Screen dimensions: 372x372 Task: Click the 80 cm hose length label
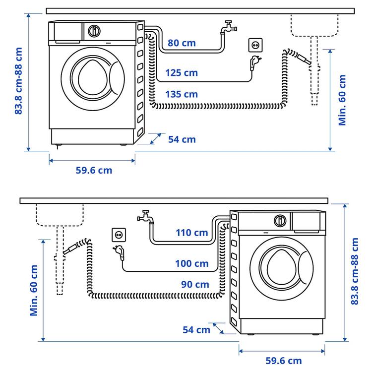click(182, 43)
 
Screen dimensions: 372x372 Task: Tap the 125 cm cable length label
click(182, 73)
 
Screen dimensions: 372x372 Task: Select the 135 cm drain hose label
click(182, 94)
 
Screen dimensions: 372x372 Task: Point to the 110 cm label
click(192, 232)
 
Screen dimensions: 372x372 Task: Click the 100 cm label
click(192, 263)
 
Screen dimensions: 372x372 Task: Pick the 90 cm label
click(195, 285)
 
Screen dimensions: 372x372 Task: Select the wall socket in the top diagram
click(255, 46)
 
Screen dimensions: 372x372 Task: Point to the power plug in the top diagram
click(256, 62)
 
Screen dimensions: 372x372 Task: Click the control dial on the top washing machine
click(94, 31)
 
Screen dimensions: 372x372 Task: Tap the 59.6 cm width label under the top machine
click(94, 170)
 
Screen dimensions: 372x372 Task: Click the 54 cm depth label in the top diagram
click(182, 139)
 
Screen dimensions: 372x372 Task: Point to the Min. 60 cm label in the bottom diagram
click(34, 290)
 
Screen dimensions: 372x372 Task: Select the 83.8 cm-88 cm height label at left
click(19, 81)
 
